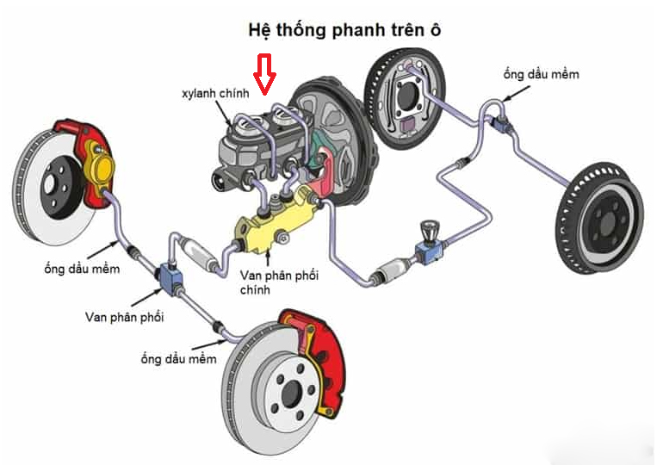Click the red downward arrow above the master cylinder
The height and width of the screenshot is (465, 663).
point(267,73)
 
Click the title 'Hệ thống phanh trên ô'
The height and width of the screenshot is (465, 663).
point(345,31)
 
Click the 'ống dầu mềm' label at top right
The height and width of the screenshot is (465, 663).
point(541,74)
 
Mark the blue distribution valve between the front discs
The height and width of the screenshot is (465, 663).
point(169,278)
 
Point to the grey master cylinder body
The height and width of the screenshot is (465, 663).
point(245,146)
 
